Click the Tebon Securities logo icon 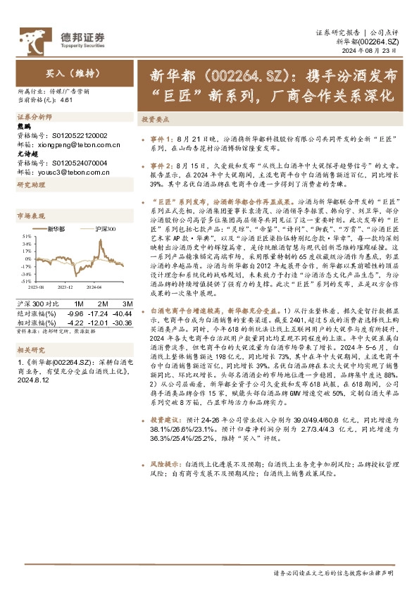(30, 37)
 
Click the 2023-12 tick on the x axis (65, 288)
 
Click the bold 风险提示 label (163, 466)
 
